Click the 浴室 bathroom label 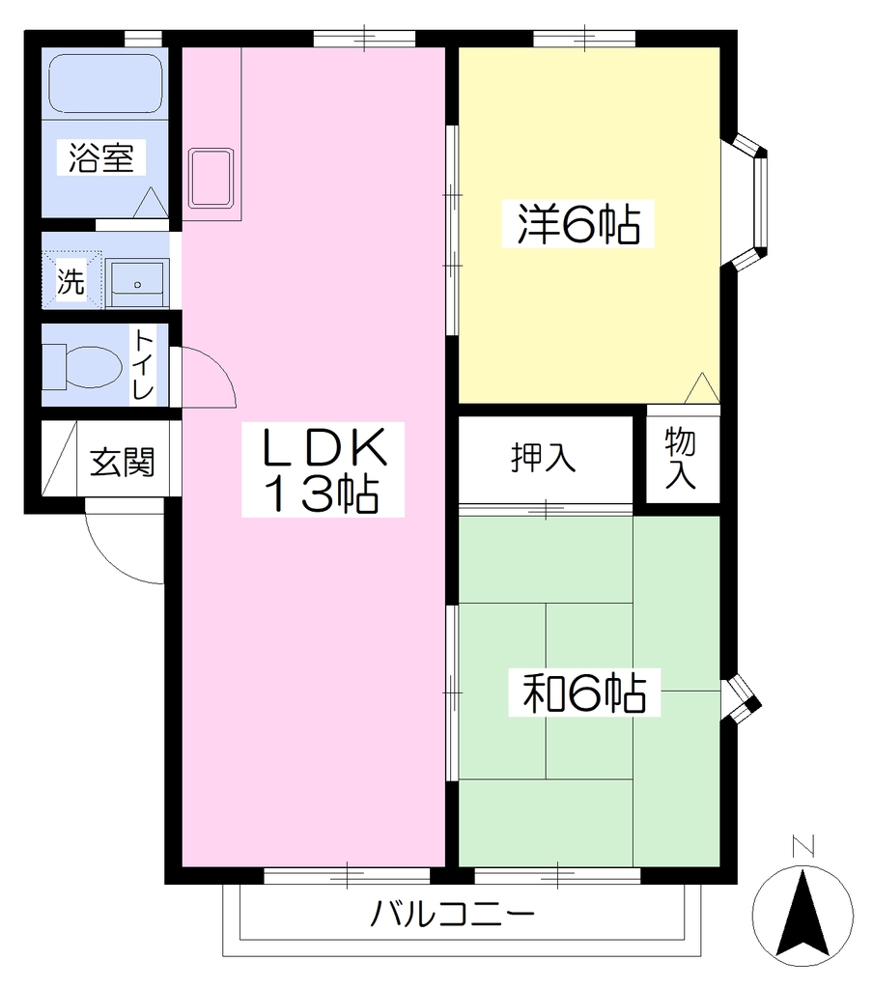[101, 157]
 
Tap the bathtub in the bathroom [105, 84]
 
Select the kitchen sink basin [211, 178]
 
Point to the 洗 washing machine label [70, 280]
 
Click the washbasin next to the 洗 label [137, 284]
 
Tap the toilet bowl [83, 366]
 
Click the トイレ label [143, 365]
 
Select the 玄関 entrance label [123, 463]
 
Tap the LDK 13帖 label [323, 469]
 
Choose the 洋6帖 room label [577, 224]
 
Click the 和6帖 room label [584, 692]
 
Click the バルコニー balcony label [452, 914]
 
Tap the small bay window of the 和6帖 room [743, 700]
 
